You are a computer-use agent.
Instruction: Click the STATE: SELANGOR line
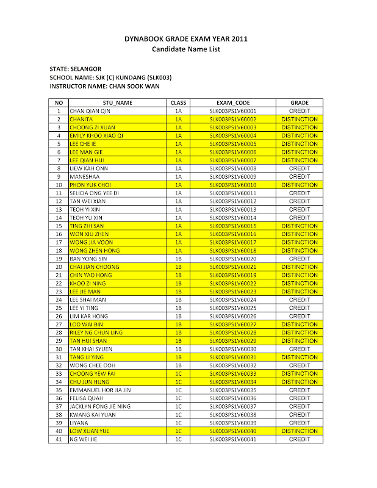click(76, 69)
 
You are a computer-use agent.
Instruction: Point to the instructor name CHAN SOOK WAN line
click(104, 87)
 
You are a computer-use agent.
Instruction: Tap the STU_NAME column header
click(117, 103)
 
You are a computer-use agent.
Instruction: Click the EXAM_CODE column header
click(232, 103)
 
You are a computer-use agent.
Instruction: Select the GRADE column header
click(299, 103)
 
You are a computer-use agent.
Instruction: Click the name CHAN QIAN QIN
click(90, 112)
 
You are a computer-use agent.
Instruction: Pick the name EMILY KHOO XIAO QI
click(96, 136)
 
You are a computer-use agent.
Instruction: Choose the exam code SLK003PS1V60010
click(232, 185)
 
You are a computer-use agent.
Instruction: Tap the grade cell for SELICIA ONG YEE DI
click(299, 193)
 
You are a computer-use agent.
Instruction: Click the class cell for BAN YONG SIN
click(178, 259)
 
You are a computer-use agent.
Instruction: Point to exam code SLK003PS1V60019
click(232, 275)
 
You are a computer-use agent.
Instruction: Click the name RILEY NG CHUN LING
click(96, 332)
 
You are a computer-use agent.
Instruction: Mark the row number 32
click(59, 365)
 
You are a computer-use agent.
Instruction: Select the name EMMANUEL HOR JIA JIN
click(100, 390)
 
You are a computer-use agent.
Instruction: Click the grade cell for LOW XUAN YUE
click(299, 431)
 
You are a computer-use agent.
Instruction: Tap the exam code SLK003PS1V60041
click(232, 439)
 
